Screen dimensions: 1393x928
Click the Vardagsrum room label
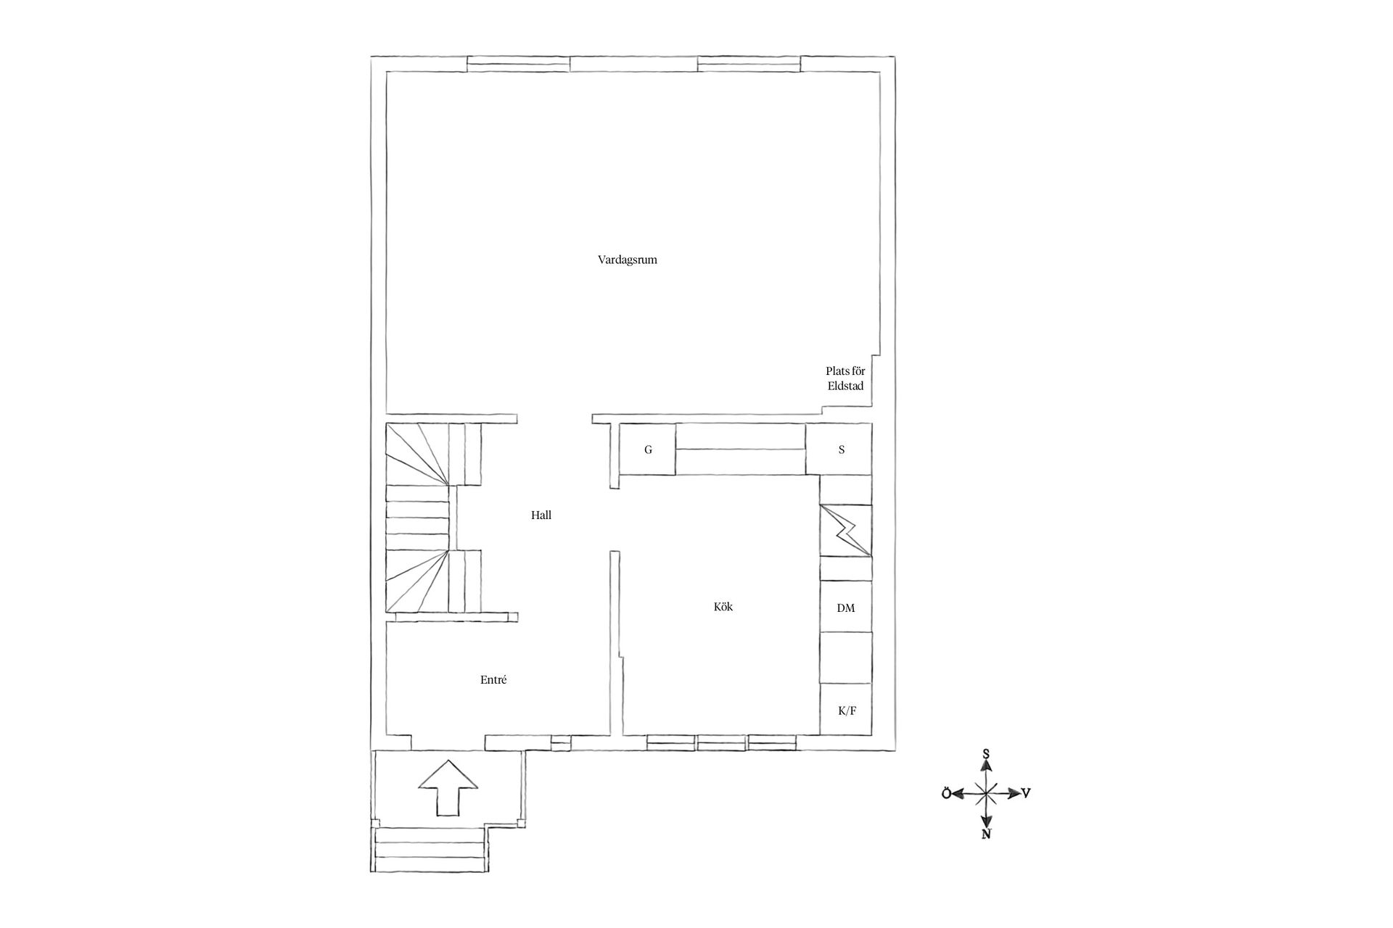click(x=628, y=260)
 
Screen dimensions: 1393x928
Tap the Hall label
click(x=541, y=515)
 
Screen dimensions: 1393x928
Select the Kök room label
click(x=723, y=606)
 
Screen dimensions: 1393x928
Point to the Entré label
click(x=493, y=680)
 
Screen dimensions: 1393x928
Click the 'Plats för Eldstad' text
click(x=845, y=378)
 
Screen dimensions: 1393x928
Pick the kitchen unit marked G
click(x=648, y=449)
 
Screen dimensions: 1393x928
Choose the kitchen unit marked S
click(x=842, y=449)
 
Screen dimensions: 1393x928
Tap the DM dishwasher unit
click(x=846, y=608)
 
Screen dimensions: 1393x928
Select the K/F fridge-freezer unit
click(x=846, y=710)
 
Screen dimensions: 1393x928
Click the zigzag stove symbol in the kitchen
click(x=845, y=531)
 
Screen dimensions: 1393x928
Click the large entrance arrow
click(x=449, y=788)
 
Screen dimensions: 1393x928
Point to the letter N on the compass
click(x=986, y=834)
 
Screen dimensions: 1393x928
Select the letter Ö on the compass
click(x=946, y=794)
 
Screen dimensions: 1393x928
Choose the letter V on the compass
click(x=1026, y=793)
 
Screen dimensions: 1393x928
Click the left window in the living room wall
click(x=518, y=64)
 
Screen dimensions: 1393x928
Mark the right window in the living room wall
click(x=749, y=64)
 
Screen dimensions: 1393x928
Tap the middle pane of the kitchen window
click(x=722, y=742)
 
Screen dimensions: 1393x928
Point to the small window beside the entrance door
click(x=561, y=742)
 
